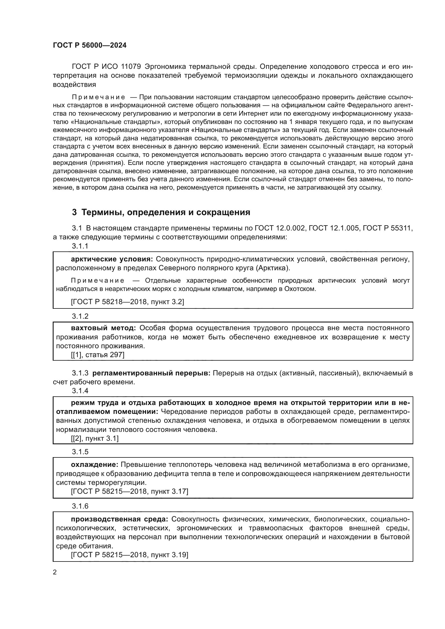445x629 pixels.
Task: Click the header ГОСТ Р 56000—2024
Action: point(90,45)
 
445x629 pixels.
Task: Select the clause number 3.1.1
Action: point(80,246)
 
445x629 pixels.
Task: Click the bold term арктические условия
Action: point(112,259)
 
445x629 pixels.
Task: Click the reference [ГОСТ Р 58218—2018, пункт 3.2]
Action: point(128,302)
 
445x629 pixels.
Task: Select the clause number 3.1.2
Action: point(80,316)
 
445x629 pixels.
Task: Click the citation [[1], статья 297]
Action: point(98,355)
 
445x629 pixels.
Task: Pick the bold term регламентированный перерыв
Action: point(151,373)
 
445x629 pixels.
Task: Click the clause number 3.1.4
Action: point(80,391)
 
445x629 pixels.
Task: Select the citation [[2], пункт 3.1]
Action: point(95,438)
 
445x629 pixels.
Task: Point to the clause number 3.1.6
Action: point(80,506)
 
